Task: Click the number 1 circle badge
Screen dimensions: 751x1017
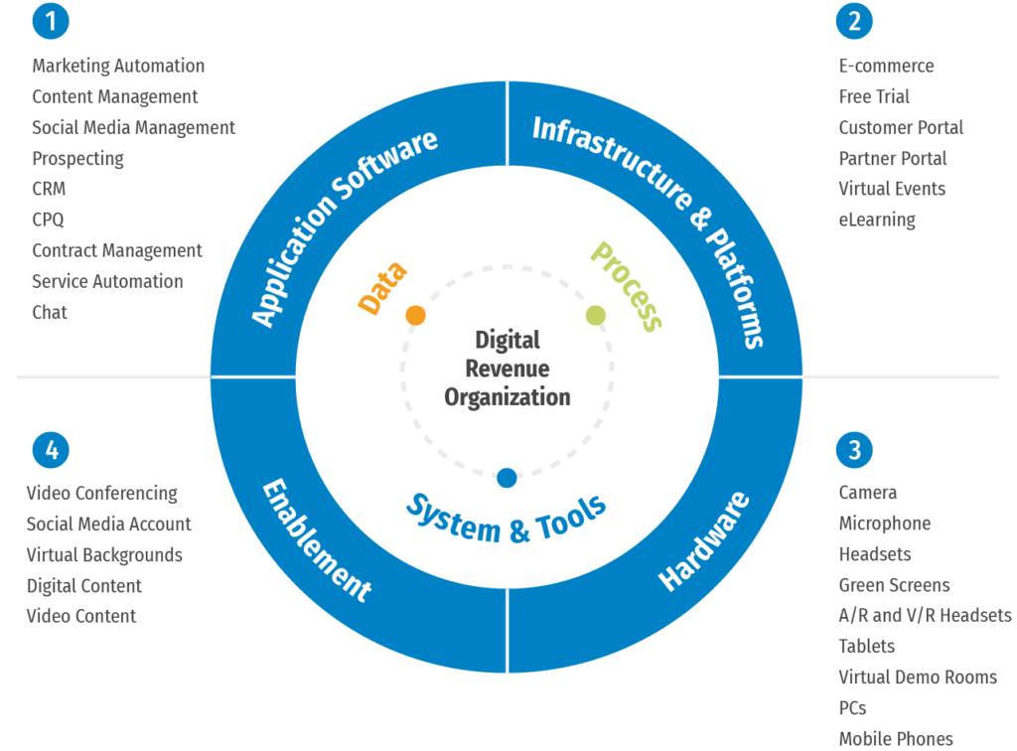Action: coord(50,21)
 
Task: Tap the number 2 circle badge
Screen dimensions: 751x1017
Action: coord(855,21)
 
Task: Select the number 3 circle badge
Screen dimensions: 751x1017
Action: coord(855,450)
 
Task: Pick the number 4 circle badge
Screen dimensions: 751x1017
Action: coord(50,450)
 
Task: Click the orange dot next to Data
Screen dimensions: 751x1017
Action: coord(416,315)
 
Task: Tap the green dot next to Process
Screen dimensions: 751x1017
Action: coord(596,316)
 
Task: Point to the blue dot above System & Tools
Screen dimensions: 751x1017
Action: coord(507,478)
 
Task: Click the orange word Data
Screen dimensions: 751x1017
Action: coord(381,289)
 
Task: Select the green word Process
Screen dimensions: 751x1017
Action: coord(626,285)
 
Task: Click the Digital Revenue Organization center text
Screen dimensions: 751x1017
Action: coord(508,369)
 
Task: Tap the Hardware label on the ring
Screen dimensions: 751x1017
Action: coord(705,541)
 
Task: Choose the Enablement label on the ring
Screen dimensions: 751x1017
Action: coord(316,541)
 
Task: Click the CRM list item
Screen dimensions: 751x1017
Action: coord(49,189)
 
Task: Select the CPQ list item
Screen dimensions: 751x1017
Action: coord(48,220)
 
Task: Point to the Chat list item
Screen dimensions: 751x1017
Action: coord(50,312)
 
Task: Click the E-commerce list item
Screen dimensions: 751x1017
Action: coord(886,66)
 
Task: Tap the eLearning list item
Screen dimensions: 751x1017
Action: coord(877,220)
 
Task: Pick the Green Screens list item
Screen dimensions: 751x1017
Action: coord(894,585)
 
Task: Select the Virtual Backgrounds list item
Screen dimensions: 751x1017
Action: coord(104,554)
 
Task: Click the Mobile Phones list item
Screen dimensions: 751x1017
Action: coord(896,738)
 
